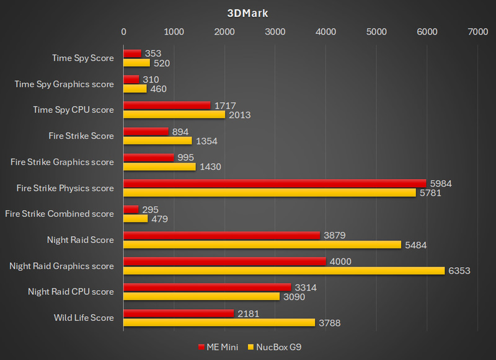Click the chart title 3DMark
(248, 13)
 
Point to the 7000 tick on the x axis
(477, 32)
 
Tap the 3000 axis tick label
(275, 32)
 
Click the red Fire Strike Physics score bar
(275, 183)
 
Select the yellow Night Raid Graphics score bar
(284, 270)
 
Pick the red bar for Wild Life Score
(179, 314)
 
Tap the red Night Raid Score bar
(221, 235)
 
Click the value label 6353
(459, 271)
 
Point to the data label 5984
(441, 183)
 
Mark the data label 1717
(225, 106)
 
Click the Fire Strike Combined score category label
(60, 214)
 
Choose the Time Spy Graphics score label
(64, 84)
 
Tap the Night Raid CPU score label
(71, 291)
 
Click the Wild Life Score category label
(83, 317)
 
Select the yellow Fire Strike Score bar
(157, 140)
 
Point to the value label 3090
(294, 296)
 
